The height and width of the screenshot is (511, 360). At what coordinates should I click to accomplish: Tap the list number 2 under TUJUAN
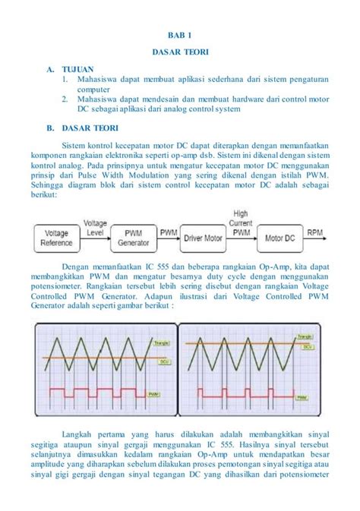[x=66, y=98]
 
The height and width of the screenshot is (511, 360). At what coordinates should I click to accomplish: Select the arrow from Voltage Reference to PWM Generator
[x=96, y=238]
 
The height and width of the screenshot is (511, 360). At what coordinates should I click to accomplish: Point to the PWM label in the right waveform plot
[x=303, y=397]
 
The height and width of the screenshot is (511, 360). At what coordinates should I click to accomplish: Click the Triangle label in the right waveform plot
[x=305, y=335]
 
